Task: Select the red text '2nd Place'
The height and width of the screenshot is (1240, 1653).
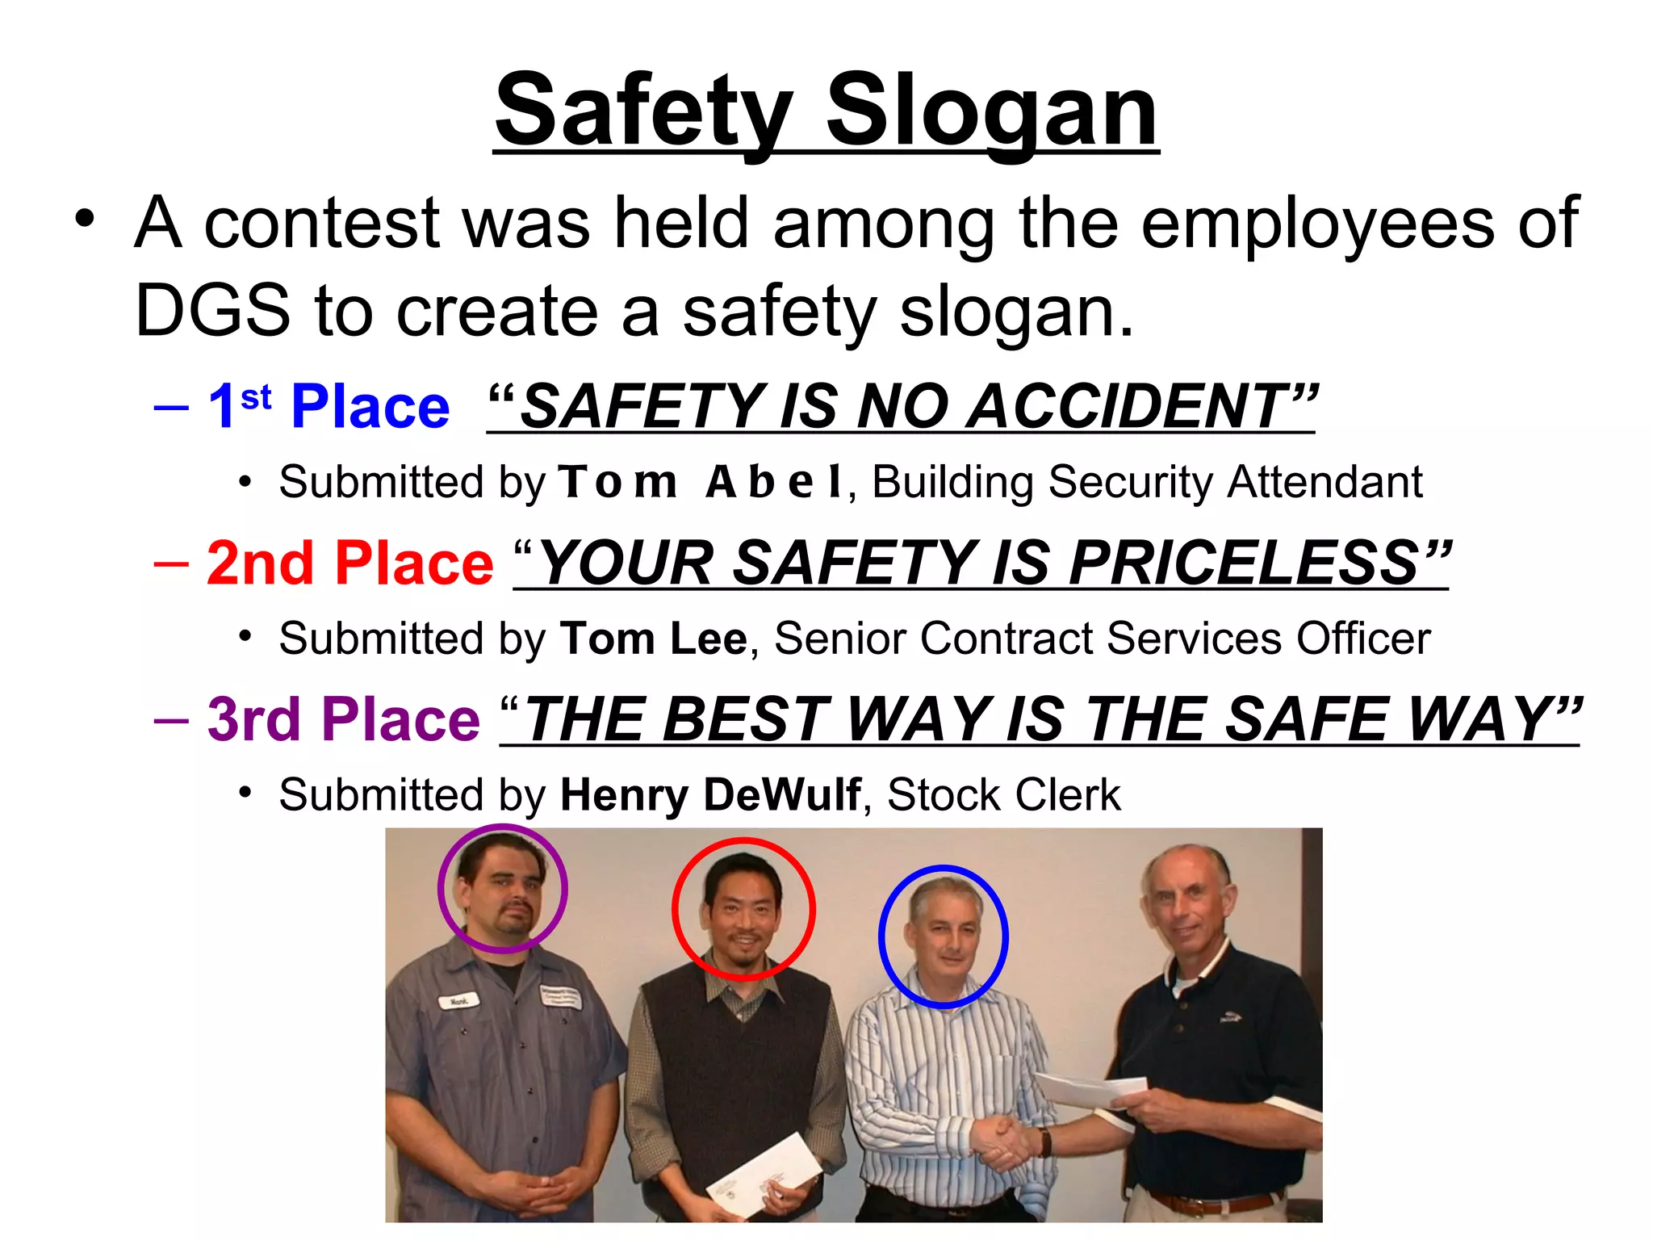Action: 349,563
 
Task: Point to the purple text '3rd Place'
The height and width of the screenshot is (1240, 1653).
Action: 343,718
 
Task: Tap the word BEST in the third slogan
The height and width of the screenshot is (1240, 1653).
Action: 746,718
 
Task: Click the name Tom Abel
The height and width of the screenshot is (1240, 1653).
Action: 701,482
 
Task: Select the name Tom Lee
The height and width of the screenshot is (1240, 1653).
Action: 654,639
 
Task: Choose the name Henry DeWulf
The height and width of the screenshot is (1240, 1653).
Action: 710,794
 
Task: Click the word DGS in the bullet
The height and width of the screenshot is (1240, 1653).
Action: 212,311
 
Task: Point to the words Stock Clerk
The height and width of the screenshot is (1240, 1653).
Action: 1003,794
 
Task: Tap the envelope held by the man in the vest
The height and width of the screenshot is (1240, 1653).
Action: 763,1175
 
